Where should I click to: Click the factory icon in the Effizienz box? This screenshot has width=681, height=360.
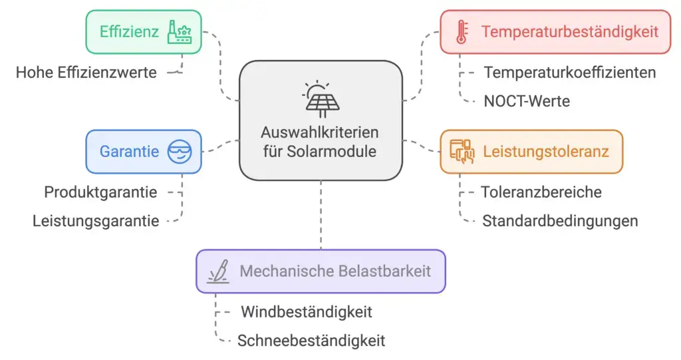pos(180,31)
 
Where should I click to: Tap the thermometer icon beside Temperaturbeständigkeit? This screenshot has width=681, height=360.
pos(461,31)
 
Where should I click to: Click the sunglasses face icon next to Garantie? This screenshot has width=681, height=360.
pos(179,151)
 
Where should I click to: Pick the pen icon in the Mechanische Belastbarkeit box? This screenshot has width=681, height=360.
pos(219,271)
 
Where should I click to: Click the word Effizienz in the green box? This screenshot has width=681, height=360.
pos(128,31)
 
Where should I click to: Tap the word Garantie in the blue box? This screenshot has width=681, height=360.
pos(129,152)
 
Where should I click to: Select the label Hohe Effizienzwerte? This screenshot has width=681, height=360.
pos(86,73)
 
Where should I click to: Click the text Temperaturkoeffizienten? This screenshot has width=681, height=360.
pos(570,72)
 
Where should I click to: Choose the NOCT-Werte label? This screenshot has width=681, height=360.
pos(527,101)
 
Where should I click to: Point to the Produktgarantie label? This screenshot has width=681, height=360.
pos(100,192)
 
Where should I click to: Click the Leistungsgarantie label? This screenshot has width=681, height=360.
pos(96,221)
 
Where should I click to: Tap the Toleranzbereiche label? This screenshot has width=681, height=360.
pos(541,192)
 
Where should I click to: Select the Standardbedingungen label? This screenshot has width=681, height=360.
pos(560,221)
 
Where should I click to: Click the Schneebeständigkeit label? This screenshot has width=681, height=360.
pos(311,341)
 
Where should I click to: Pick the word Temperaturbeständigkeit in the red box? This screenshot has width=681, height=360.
pos(570,31)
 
